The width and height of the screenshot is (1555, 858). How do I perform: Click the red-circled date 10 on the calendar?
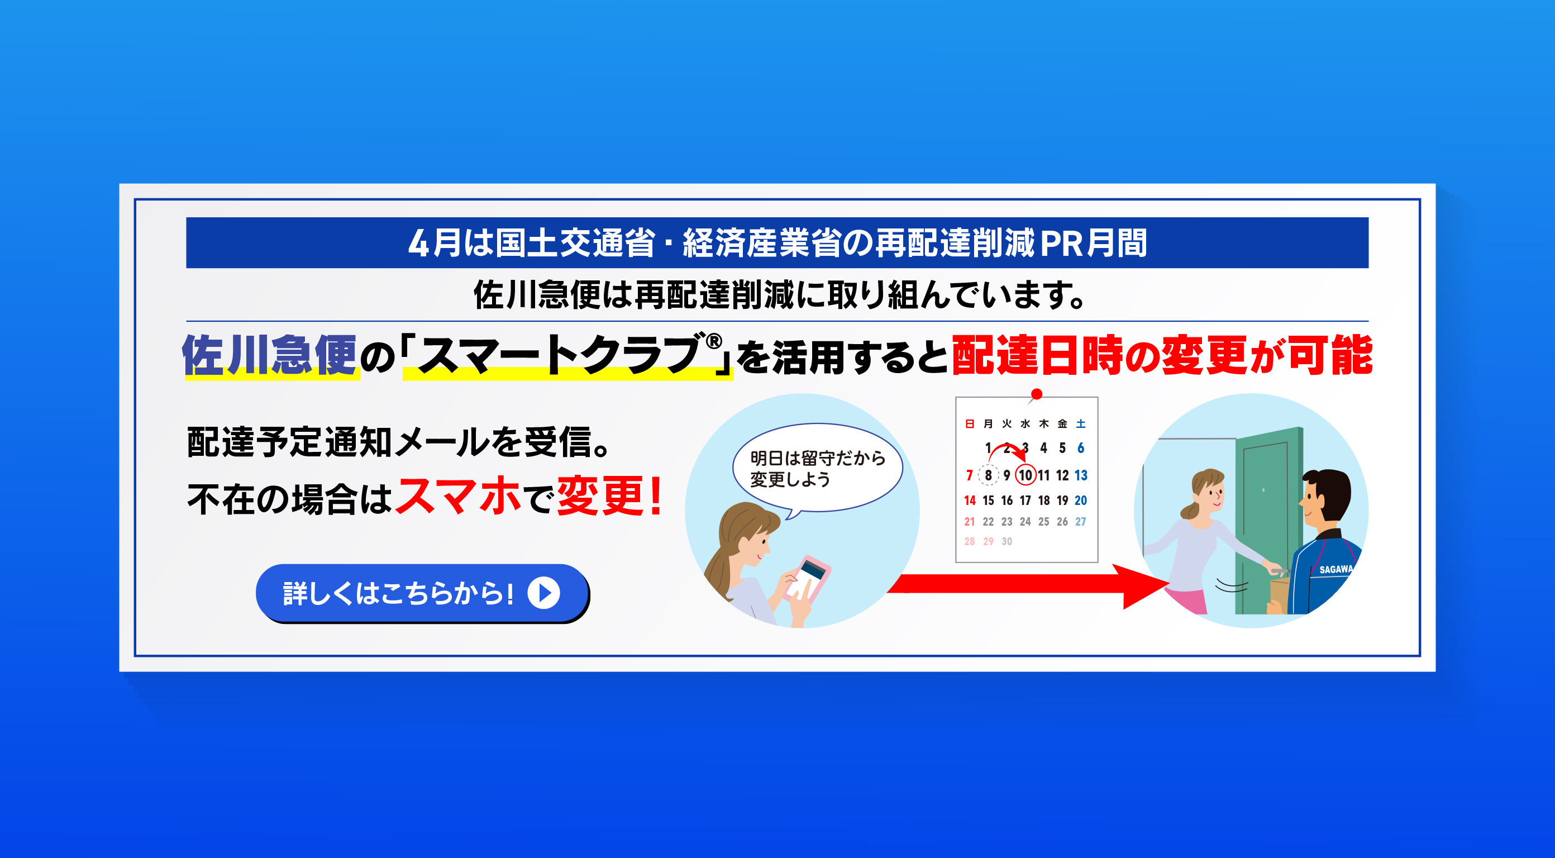point(1025,475)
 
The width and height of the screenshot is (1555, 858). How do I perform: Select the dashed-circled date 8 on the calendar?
point(988,475)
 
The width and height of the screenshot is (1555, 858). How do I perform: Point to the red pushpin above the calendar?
point(1037,394)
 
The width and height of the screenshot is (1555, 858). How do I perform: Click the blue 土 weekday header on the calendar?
point(1081,424)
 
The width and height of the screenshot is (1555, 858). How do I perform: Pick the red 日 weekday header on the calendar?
point(970,424)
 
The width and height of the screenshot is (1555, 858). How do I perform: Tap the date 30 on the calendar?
point(1007,542)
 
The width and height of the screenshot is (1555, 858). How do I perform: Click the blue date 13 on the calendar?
point(1081,475)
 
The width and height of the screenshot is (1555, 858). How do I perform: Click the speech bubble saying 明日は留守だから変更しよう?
point(817,469)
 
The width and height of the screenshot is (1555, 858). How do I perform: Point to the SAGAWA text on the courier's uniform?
point(1335,569)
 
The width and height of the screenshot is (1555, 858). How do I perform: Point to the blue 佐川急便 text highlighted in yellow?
point(269,356)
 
